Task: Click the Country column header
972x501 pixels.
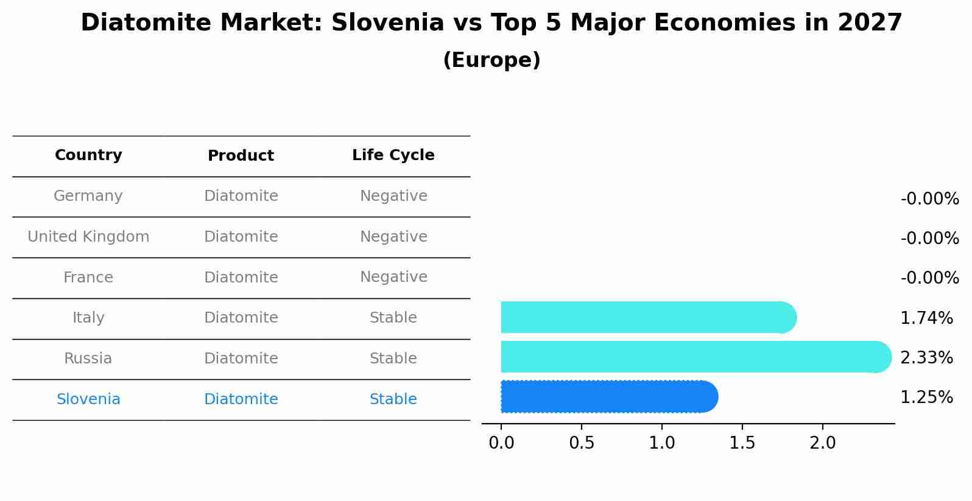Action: (x=88, y=155)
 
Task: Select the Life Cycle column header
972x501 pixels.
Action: (x=393, y=155)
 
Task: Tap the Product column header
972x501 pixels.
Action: (x=241, y=156)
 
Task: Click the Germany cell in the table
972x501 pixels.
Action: (x=88, y=196)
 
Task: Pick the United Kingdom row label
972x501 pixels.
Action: (x=88, y=237)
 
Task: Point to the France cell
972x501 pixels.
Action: (x=88, y=278)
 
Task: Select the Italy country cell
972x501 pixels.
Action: (x=88, y=318)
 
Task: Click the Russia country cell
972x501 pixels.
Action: (x=88, y=359)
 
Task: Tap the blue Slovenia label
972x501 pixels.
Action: (x=88, y=399)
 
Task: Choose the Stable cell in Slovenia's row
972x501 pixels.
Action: (x=393, y=399)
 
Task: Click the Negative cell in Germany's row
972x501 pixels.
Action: (x=393, y=196)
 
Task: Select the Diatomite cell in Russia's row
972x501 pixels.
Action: (x=241, y=359)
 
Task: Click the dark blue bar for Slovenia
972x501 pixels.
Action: (x=609, y=396)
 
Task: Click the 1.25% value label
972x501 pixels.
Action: (x=926, y=398)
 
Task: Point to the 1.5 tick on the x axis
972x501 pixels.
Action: (x=742, y=443)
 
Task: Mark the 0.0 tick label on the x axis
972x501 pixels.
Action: (x=501, y=443)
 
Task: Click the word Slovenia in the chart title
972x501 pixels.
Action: (x=387, y=23)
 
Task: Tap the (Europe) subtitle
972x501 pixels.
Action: (x=491, y=60)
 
